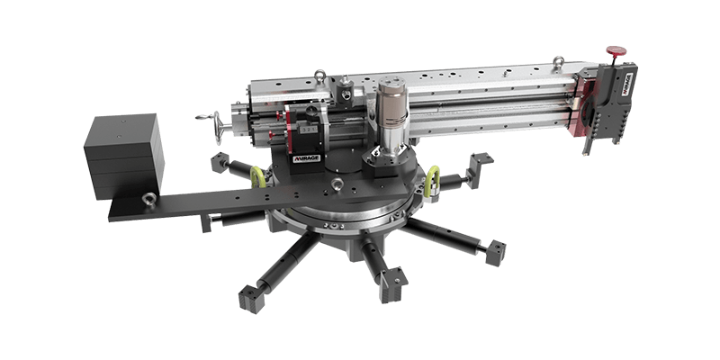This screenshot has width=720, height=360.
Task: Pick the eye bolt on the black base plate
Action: click(336, 186)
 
